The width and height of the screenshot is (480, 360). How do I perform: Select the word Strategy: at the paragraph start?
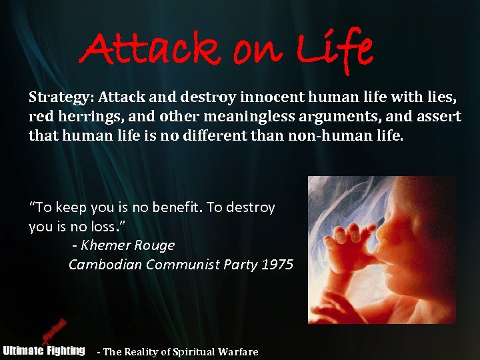pyautogui.click(x=61, y=98)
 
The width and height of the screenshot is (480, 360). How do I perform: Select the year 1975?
pyautogui.click(x=277, y=265)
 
